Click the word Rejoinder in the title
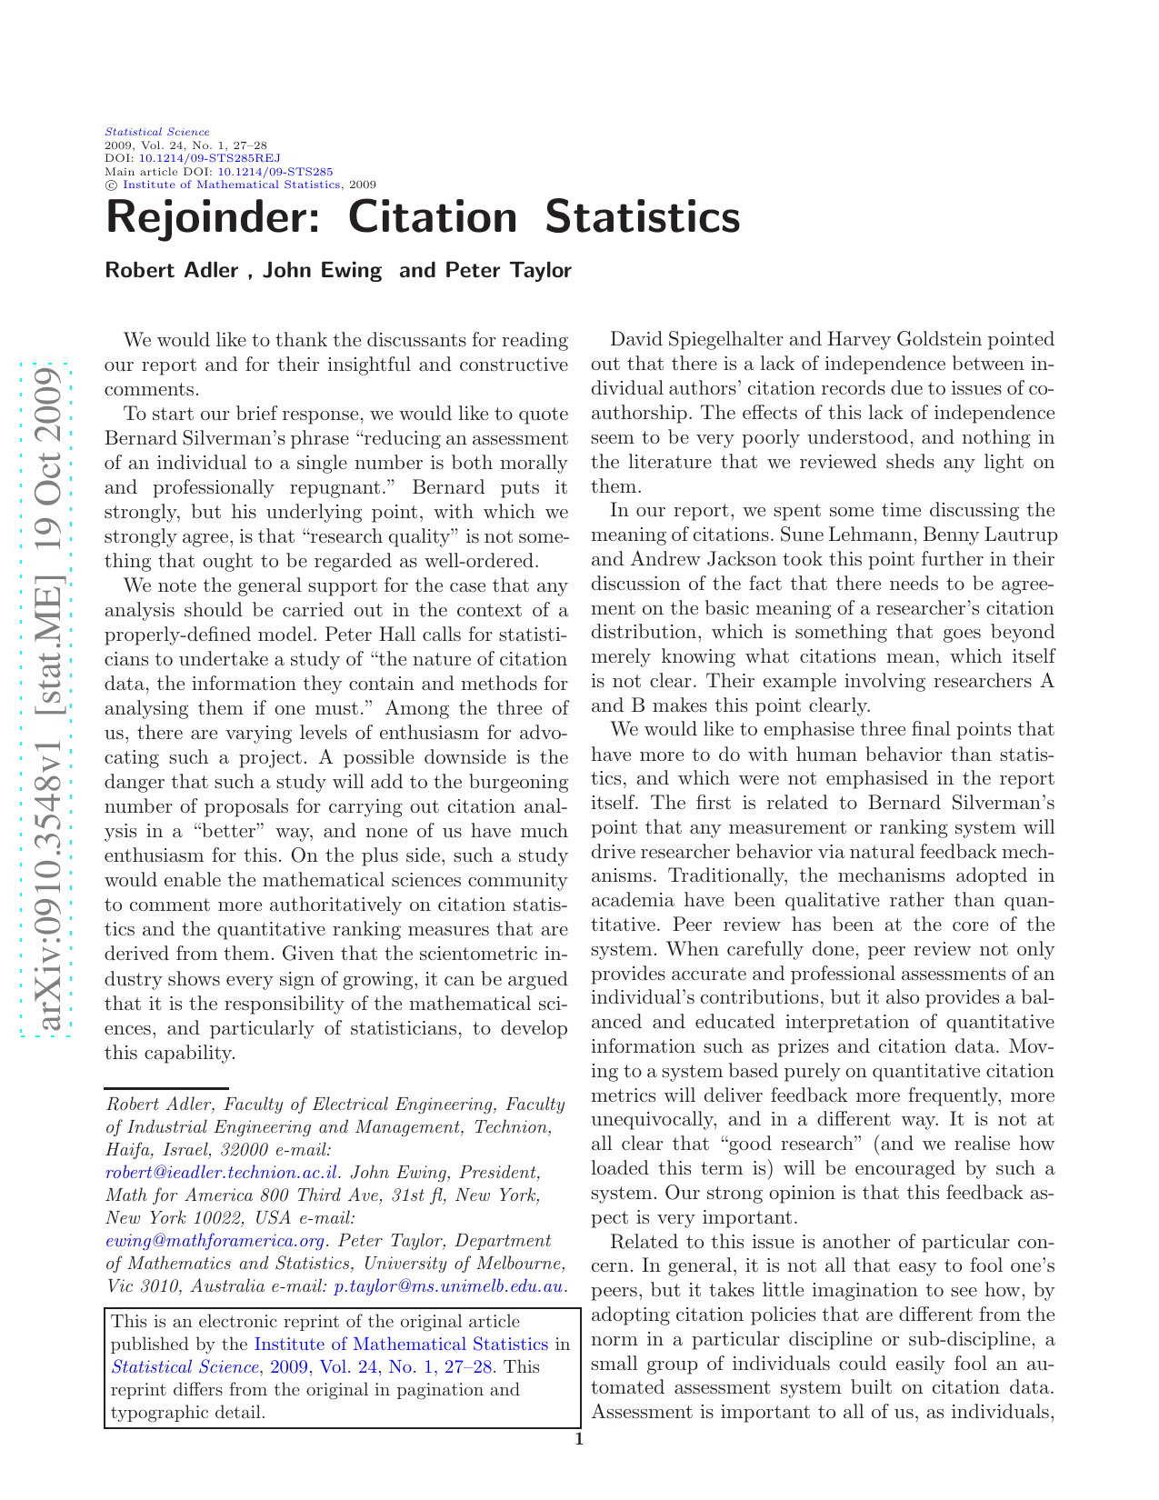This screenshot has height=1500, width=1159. pos(212,219)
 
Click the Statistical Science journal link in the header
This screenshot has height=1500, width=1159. pos(157,132)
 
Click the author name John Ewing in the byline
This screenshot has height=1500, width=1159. pos(322,271)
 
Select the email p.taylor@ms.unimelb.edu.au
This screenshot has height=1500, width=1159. pos(449,1286)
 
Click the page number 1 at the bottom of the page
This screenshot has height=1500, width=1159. pos(579,1439)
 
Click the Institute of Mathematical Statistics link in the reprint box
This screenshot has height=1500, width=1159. pos(401,1345)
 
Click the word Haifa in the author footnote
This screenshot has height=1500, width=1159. pos(126,1150)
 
